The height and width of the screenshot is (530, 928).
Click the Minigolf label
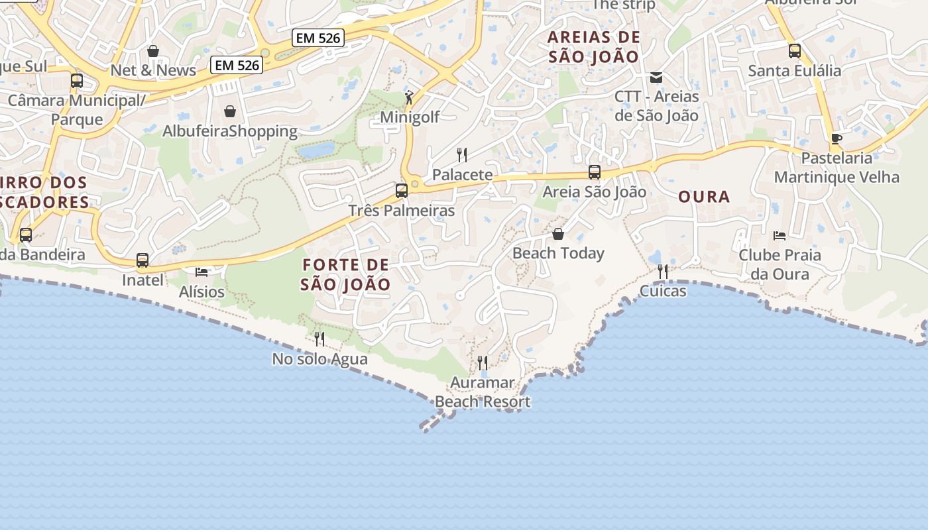coord(410,118)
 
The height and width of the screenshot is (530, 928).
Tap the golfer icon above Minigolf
coord(410,98)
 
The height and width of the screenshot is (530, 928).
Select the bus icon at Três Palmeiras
coord(402,191)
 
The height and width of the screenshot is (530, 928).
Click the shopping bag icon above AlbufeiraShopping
coord(230,111)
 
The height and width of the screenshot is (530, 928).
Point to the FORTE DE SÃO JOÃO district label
coord(345,275)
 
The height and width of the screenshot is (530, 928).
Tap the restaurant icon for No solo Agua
coord(319,339)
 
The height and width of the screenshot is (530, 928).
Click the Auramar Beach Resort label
coord(483,392)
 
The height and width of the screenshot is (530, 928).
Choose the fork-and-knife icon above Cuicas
coord(662,271)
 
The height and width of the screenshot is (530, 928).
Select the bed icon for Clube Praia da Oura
coord(780,235)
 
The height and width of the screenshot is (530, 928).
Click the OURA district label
coord(704,197)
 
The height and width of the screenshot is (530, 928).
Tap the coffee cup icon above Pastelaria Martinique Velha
coord(837,138)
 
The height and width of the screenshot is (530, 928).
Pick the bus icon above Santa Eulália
coord(794,50)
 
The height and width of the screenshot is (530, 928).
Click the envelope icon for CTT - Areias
coord(656,78)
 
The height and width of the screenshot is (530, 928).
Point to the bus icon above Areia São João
coord(595,172)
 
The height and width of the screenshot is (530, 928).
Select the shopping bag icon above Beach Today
coord(558,234)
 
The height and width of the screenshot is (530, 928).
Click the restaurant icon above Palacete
coord(462,155)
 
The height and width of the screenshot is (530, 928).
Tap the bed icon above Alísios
coord(202,272)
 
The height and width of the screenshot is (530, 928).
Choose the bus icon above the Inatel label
coord(143,260)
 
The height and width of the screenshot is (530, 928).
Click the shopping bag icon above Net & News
coord(153,51)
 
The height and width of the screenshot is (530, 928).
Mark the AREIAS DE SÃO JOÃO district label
coord(594,47)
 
